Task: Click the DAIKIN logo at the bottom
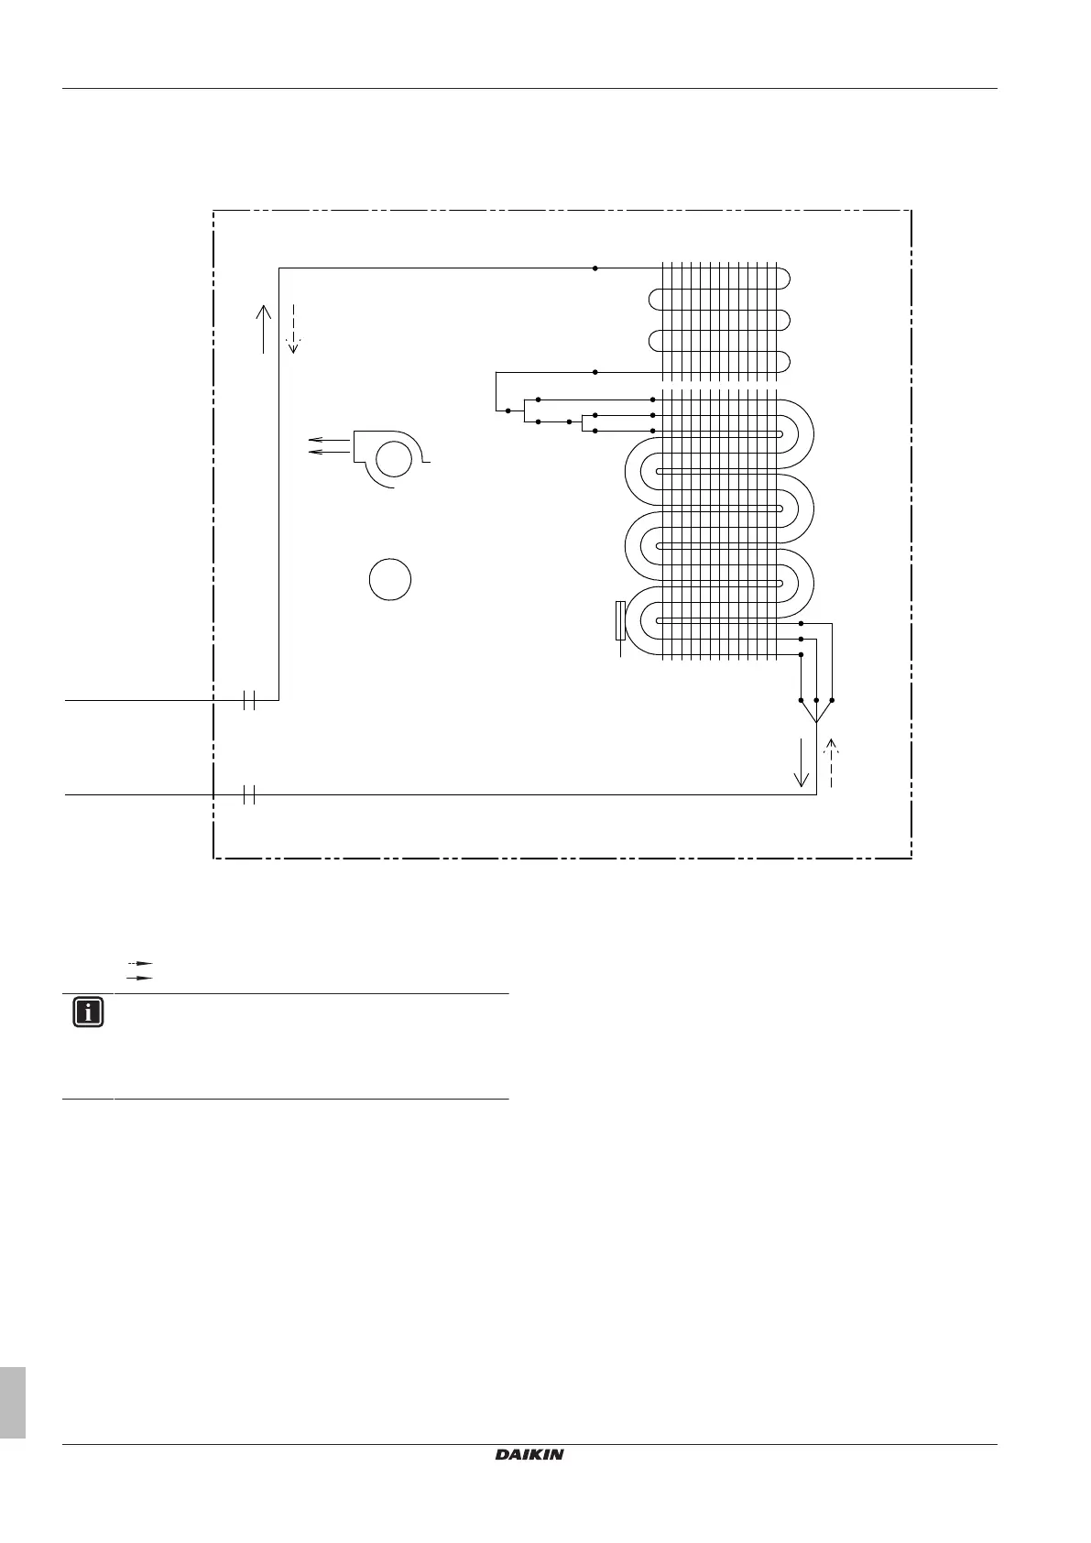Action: point(529,1453)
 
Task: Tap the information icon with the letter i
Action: point(88,1012)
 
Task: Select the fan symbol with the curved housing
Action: point(392,458)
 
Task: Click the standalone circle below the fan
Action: point(390,580)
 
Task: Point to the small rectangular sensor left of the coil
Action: point(621,620)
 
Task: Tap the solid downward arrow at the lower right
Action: point(802,762)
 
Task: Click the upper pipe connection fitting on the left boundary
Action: point(248,700)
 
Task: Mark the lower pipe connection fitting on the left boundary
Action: point(248,794)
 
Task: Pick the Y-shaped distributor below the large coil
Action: point(815,711)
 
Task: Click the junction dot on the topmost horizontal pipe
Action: point(595,268)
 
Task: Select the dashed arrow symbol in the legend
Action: point(138,964)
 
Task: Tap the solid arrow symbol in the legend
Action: point(138,978)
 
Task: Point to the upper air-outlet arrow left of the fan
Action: point(330,441)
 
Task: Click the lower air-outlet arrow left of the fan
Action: point(330,452)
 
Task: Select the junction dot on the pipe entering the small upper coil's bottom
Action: point(595,372)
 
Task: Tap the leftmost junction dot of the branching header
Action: point(507,410)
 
